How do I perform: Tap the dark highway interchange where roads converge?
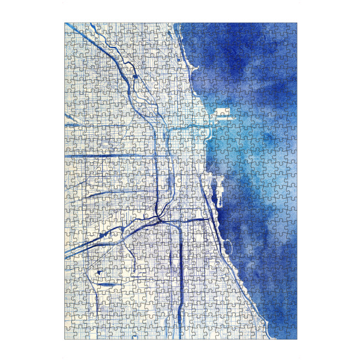click(159, 220)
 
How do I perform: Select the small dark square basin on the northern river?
click(136, 77)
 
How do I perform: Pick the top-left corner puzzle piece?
click(70, 28)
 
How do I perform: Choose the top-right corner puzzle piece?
click(292, 28)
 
